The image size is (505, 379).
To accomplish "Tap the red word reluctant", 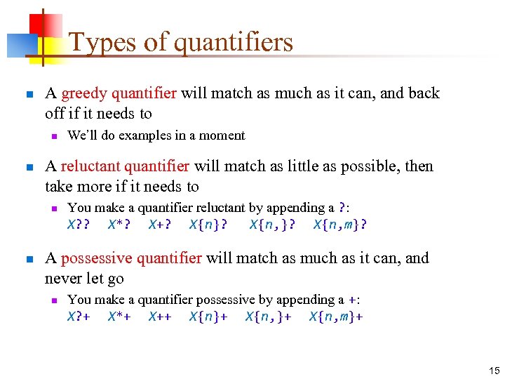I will pos(89,166).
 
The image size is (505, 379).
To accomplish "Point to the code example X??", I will pos(79,225).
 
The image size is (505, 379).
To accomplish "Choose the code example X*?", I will pos(119,225).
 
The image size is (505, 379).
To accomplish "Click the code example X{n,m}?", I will pos(340,225).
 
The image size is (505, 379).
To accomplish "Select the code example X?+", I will pos(79,317).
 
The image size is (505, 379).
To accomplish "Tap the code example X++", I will pos(160,317).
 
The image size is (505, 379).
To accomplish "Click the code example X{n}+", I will pos(208,317).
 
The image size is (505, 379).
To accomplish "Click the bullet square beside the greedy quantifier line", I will pos(29,94).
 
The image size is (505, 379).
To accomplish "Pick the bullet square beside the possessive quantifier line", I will pos(29,259).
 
